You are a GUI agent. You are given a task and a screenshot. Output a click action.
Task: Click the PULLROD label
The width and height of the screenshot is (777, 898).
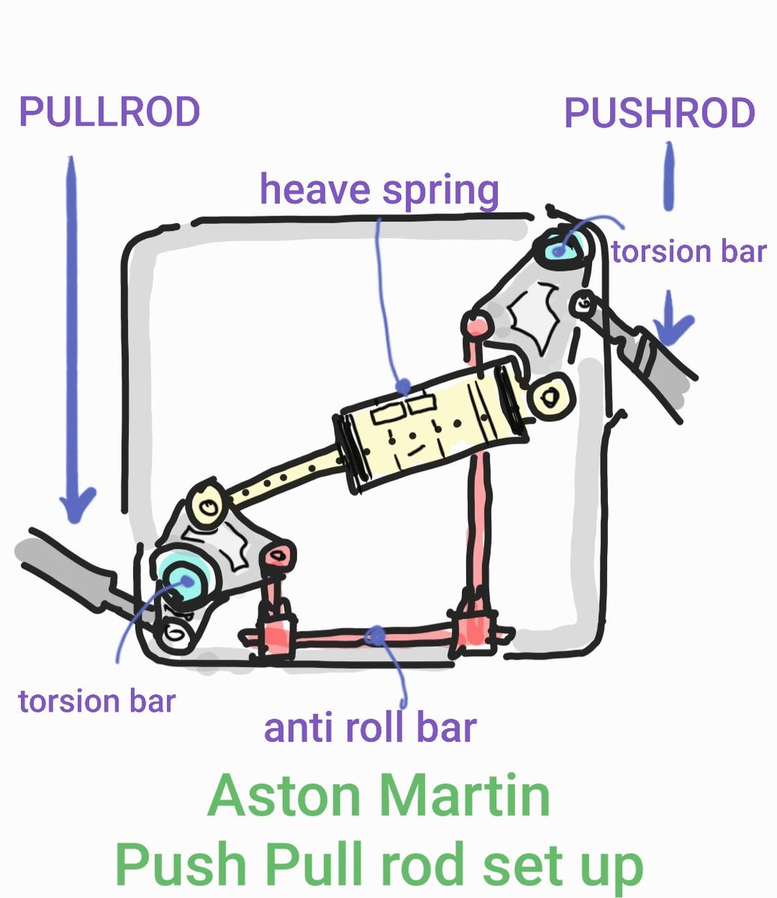point(109,112)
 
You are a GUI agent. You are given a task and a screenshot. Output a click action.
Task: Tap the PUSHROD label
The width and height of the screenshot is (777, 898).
point(659,113)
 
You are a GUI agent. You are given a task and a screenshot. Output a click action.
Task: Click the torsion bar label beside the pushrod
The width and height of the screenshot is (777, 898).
point(689,251)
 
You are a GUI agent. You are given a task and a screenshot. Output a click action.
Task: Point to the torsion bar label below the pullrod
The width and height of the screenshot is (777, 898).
point(97,701)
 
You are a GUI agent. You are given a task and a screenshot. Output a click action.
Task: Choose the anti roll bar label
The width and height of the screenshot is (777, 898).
point(370,727)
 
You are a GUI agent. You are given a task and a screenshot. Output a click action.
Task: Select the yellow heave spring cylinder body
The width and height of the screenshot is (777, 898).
point(430,426)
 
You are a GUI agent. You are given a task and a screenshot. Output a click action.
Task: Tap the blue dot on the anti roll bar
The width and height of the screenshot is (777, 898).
point(375,636)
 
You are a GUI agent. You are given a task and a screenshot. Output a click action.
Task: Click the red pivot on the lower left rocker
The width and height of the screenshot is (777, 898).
point(281,555)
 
